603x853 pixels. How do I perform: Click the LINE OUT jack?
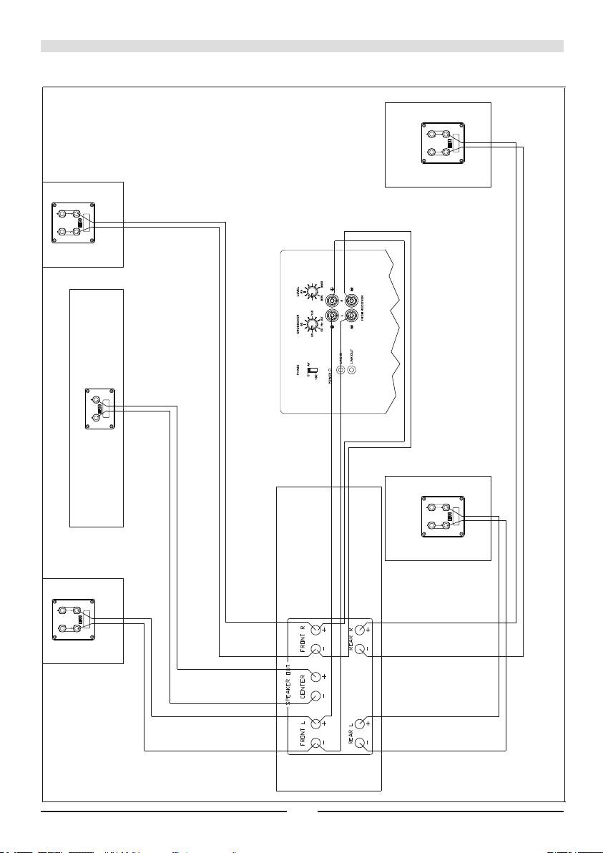pyautogui.click(x=351, y=371)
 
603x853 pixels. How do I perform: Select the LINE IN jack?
pyautogui.click(x=340, y=371)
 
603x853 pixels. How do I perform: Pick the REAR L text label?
pyautogui.click(x=351, y=733)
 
